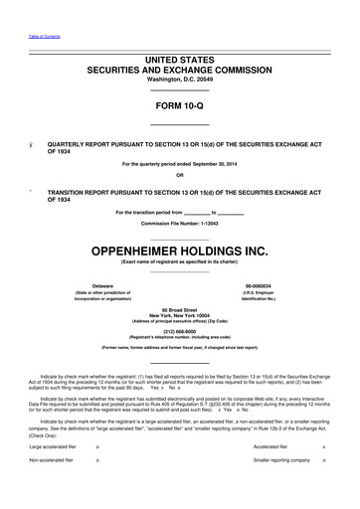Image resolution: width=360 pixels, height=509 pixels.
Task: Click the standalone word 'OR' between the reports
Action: pos(179,176)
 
